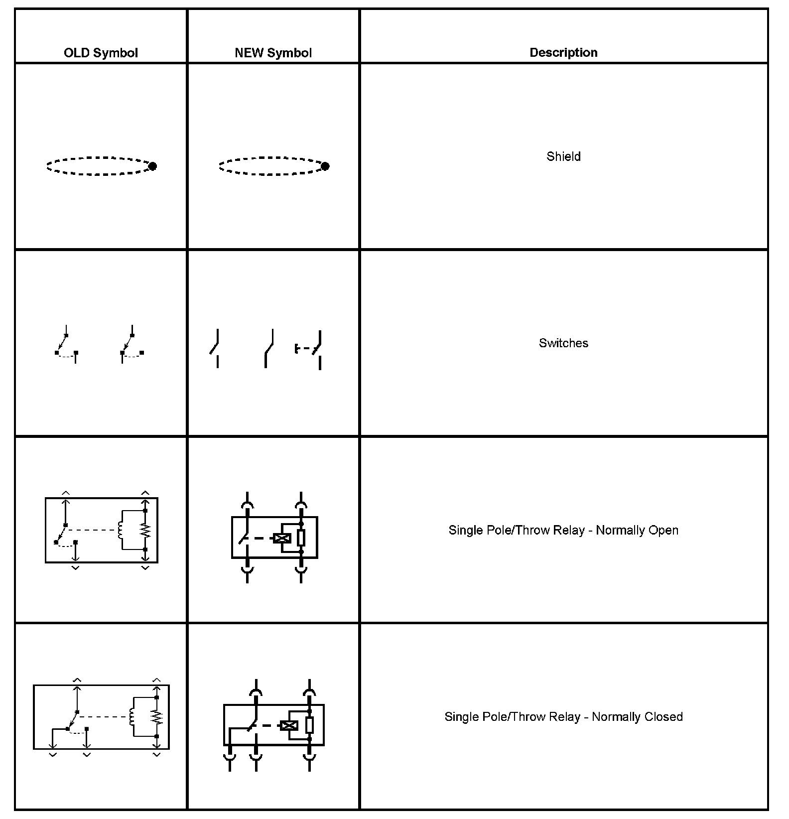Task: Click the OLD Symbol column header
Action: (101, 53)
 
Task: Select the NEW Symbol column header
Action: (273, 53)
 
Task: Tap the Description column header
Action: (563, 52)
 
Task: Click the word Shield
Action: (563, 156)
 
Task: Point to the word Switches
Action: (563, 343)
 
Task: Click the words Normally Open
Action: (637, 530)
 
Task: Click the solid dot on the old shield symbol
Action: (152, 166)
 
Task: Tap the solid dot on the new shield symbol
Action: (325, 166)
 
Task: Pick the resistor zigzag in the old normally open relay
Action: (145, 530)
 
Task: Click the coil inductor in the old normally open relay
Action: (120, 530)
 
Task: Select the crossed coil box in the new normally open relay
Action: (282, 538)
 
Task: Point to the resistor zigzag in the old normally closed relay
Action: (156, 717)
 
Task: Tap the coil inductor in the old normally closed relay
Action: (131, 717)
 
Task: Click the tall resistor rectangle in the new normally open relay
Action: (301, 538)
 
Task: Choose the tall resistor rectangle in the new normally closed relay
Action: (309, 725)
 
